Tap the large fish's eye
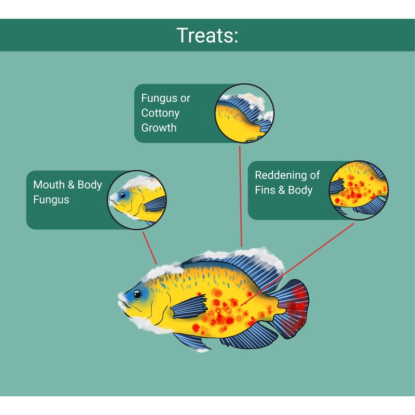coord(137,295)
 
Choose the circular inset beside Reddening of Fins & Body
coord(358,190)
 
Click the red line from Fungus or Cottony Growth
coord(240,197)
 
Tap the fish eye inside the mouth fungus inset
coord(122,196)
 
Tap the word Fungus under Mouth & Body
coord(51,199)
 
